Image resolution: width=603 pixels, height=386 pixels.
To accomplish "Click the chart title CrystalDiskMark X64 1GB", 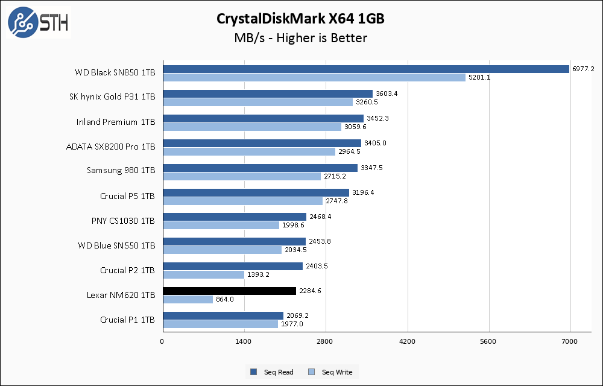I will pyautogui.click(x=300, y=19).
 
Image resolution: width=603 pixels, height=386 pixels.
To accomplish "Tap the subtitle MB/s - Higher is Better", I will pyautogui.click(x=300, y=38).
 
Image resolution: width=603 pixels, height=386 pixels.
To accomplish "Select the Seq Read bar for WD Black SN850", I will pyautogui.click(x=365, y=69).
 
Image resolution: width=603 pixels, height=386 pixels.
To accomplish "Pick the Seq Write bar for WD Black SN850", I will pyautogui.click(x=314, y=77).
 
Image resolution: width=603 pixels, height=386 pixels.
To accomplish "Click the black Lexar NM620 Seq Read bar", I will pyautogui.click(x=229, y=291).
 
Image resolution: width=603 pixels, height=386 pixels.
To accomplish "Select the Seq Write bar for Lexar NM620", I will pyautogui.click(x=188, y=299).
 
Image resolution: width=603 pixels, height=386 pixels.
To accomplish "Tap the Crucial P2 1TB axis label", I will pyautogui.click(x=128, y=270).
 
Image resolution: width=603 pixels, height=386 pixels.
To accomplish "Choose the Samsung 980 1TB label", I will pyautogui.click(x=121, y=171).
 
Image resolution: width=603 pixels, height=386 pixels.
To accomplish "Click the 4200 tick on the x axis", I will pyautogui.click(x=408, y=342).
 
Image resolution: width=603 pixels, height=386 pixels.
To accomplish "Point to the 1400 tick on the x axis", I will pyautogui.click(x=244, y=342).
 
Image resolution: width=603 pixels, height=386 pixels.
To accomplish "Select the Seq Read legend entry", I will pyautogui.click(x=272, y=372).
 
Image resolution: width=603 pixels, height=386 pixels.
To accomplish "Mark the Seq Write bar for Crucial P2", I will pyautogui.click(x=203, y=274).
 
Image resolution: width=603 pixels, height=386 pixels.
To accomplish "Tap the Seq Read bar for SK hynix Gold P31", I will pyautogui.click(x=267, y=93).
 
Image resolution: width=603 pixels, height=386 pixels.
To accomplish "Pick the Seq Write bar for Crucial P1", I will pyautogui.click(x=220, y=324).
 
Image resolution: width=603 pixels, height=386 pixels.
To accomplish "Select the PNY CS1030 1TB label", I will pyautogui.click(x=123, y=221).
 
